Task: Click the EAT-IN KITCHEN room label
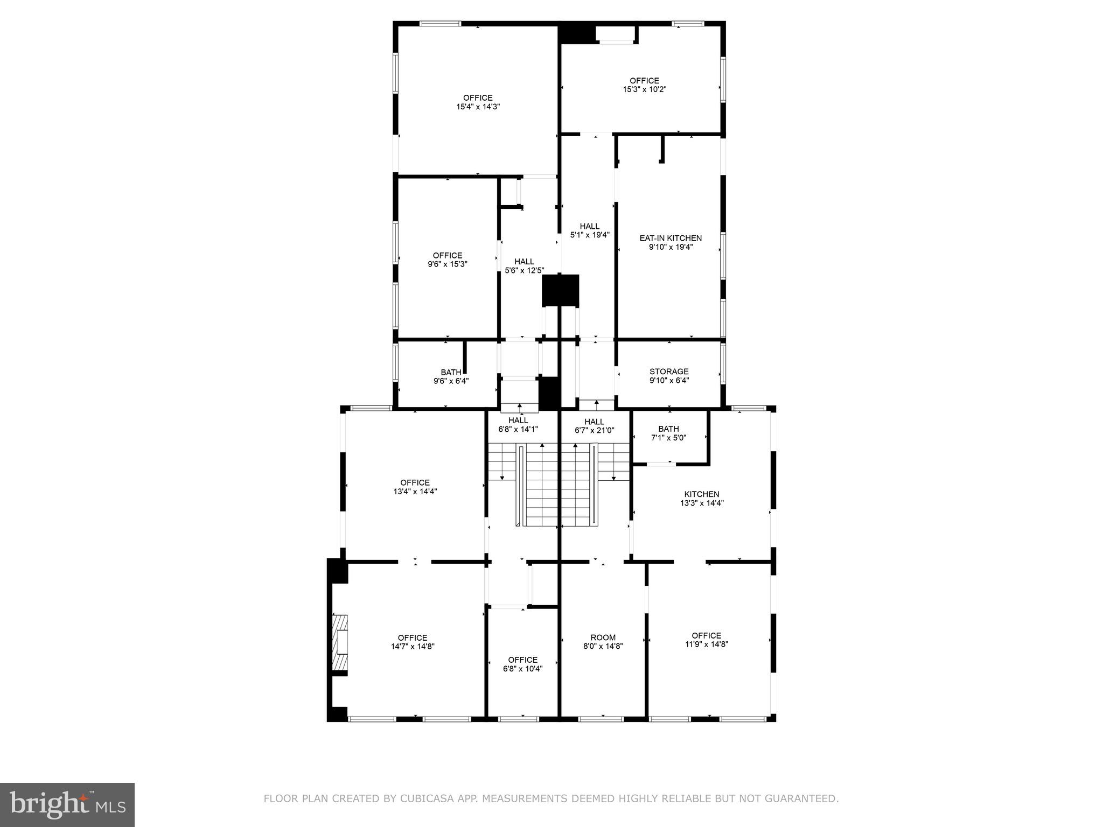point(671,238)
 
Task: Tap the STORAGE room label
point(669,372)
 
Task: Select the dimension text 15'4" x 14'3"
point(478,107)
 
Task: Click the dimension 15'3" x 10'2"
point(644,89)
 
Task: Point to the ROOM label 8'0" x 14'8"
point(603,637)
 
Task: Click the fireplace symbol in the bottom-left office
point(340,643)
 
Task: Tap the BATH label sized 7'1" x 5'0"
point(668,429)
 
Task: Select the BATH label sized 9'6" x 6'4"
point(451,373)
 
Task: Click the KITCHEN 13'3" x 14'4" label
point(701,494)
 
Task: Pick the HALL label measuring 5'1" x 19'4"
point(589,226)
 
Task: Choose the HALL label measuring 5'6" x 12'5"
point(524,262)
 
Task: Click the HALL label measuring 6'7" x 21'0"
point(594,422)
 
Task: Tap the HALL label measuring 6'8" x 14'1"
point(518,420)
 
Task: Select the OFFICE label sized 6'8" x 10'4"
point(522,660)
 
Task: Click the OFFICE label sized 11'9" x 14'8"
point(706,635)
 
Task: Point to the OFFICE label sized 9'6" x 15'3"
point(448,255)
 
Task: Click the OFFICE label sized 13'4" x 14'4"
point(415,482)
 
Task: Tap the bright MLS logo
point(67,804)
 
